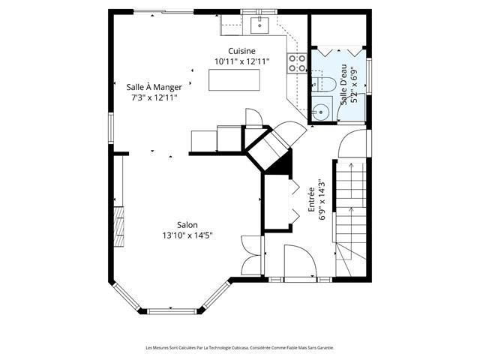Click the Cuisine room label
(x=241, y=51)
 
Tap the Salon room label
(x=187, y=225)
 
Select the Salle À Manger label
(x=154, y=87)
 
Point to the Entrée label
(x=311, y=199)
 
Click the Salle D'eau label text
(x=344, y=85)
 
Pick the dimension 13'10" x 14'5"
(x=187, y=235)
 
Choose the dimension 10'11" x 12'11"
(x=241, y=61)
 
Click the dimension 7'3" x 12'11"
(x=154, y=98)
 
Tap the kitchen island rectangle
(x=234, y=80)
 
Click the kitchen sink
(x=259, y=25)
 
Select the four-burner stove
(x=297, y=63)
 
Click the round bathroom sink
(x=321, y=112)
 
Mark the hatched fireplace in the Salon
(x=119, y=226)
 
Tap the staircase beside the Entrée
(x=351, y=219)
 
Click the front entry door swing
(x=300, y=261)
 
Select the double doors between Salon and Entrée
(x=252, y=255)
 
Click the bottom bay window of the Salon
(x=172, y=311)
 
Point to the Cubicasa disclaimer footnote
(x=240, y=348)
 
